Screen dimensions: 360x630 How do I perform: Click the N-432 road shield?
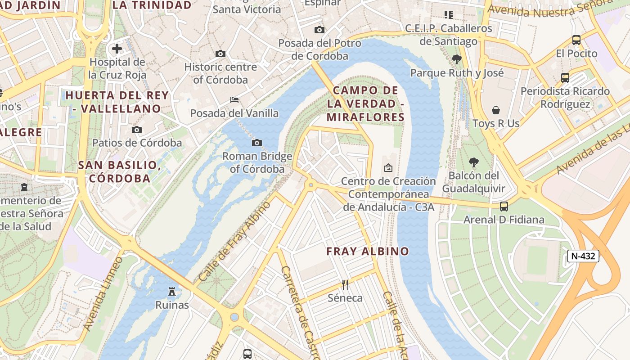[x=583, y=256]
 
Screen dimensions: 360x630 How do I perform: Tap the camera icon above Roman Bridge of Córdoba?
[x=257, y=143]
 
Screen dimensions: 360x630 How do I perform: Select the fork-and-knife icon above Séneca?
[x=345, y=284]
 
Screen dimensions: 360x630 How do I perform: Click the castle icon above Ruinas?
[x=172, y=292]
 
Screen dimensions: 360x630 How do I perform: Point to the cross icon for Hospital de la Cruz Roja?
[x=117, y=49]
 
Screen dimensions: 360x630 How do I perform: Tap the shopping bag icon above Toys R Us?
[x=496, y=110]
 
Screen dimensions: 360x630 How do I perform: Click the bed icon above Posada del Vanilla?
[x=234, y=99]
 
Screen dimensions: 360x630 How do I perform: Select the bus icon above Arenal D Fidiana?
[x=504, y=207]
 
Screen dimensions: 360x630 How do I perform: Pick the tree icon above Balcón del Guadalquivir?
[x=473, y=162]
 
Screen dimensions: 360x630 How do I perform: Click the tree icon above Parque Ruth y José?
[x=457, y=59]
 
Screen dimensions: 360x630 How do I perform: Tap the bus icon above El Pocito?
[x=576, y=40]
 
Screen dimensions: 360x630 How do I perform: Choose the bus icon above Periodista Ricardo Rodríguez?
[x=565, y=78]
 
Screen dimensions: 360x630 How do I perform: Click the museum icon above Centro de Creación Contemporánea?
[x=388, y=168]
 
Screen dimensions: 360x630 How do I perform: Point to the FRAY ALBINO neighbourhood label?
[x=368, y=251]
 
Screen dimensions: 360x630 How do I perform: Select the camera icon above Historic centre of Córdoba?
[x=220, y=54]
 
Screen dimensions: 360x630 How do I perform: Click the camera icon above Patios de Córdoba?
[x=137, y=130]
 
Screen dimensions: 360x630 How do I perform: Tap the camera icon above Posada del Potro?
[x=319, y=30]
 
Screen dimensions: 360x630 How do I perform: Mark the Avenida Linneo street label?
[x=104, y=293]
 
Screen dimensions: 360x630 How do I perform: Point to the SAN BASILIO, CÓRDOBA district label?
[x=120, y=171]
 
